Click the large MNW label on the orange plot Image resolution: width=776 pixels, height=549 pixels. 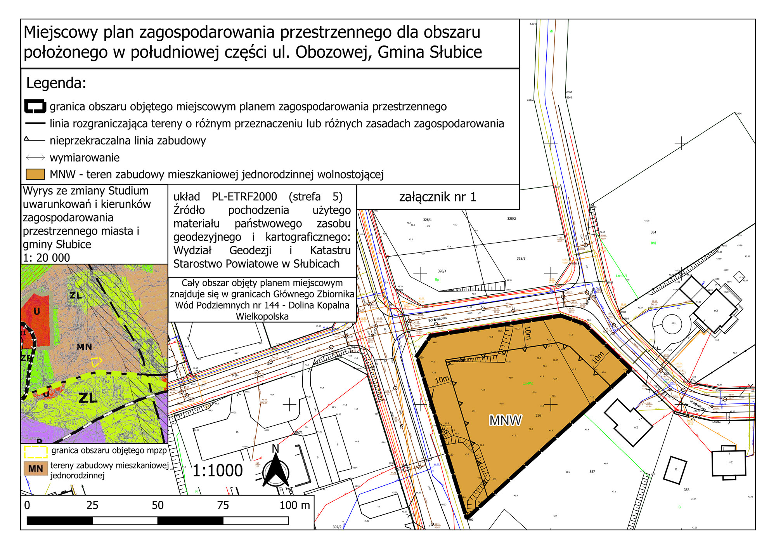[505, 420]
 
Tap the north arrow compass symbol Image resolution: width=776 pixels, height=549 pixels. [275, 471]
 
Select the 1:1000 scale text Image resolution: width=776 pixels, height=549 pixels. [218, 471]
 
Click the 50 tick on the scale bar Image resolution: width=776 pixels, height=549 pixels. [158, 505]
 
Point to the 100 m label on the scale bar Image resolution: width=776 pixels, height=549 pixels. [294, 505]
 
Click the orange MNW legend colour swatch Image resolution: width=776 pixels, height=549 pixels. [35, 174]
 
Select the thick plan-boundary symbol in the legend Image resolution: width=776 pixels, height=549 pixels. [35, 106]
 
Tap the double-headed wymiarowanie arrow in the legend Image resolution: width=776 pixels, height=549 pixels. [35, 157]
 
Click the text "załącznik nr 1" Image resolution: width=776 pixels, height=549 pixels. [437, 197]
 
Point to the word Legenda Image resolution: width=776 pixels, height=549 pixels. [56, 83]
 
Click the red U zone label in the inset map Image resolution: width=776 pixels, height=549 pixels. [37, 311]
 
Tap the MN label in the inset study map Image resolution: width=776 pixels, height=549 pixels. [84, 347]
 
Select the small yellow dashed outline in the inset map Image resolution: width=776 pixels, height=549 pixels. [96, 362]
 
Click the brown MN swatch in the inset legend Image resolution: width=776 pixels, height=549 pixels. [36, 469]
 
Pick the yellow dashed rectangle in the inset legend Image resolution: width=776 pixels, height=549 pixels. [36, 451]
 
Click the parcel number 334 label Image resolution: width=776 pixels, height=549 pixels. [653, 232]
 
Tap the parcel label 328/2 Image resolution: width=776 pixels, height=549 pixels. [511, 219]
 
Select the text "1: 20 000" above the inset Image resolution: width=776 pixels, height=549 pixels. [47, 258]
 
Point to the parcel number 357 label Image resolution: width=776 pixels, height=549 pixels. [592, 472]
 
